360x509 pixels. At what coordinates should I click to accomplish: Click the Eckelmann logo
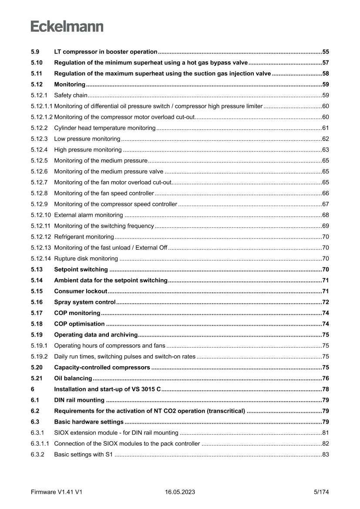click(x=67, y=27)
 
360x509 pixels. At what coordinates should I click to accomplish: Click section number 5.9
click(x=35, y=51)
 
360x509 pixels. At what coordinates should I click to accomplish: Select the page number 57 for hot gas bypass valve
click(x=325, y=62)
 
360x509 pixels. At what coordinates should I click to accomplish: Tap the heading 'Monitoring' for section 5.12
click(x=70, y=84)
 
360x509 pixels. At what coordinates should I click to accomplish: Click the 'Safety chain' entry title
click(x=71, y=95)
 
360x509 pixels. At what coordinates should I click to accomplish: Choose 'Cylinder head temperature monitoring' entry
click(x=104, y=128)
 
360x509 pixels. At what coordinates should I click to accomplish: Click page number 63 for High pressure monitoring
click(x=325, y=149)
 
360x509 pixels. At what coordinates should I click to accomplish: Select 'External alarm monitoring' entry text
click(x=88, y=215)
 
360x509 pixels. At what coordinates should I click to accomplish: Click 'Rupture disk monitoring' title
click(x=86, y=258)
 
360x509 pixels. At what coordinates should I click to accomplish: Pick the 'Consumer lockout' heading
click(x=81, y=291)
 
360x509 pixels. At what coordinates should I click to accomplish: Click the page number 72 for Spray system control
click(x=325, y=302)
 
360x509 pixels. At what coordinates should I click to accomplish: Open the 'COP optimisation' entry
click(x=79, y=324)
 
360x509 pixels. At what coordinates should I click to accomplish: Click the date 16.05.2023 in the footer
click(x=180, y=492)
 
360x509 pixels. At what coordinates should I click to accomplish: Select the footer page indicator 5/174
click(x=321, y=492)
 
